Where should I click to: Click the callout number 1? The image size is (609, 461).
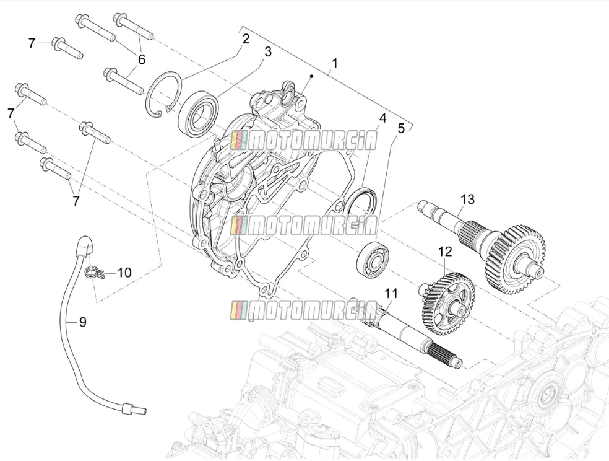click(334, 63)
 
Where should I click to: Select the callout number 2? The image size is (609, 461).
click(245, 39)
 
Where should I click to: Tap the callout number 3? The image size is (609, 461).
click(268, 51)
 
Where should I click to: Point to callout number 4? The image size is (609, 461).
click(382, 118)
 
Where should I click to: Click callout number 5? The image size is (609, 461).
click(401, 128)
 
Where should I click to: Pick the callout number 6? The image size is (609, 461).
click(141, 59)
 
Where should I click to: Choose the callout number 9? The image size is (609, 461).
click(82, 322)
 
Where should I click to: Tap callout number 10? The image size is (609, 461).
click(124, 273)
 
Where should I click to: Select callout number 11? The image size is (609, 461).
click(391, 294)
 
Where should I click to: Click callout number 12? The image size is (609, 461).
click(446, 252)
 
